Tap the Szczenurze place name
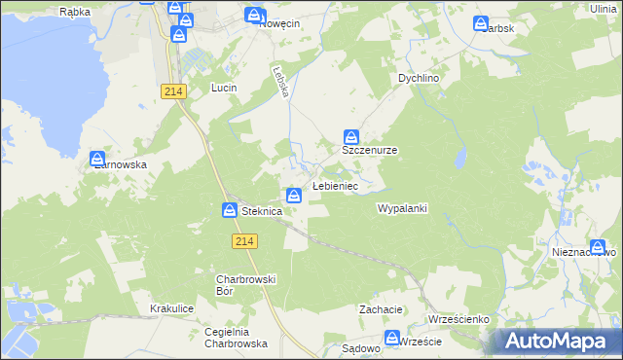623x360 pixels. tap(369, 152)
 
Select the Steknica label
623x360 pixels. tap(262, 211)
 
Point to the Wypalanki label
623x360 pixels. tap(402, 208)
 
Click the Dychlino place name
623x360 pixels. tap(420, 78)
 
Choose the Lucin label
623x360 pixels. tap(225, 88)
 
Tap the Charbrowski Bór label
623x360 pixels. tap(246, 285)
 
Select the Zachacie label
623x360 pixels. tap(381, 309)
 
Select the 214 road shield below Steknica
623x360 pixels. tap(244, 240)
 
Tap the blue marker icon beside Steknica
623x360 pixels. tap(230, 210)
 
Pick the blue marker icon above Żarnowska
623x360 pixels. tap(97, 159)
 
